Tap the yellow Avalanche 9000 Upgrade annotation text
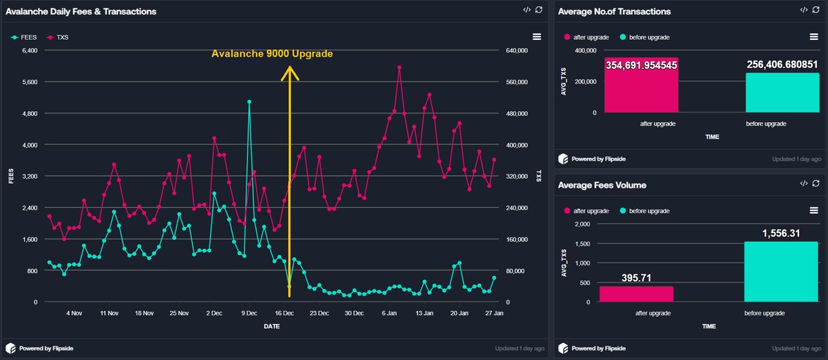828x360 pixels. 272,54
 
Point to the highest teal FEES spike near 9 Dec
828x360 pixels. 249,101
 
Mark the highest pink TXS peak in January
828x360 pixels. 400,68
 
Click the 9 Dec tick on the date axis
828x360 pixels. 249,313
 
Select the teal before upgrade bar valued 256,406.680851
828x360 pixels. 782,92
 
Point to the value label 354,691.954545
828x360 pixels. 641,65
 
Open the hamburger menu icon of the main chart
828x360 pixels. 537,37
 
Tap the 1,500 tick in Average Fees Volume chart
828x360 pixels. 583,243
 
